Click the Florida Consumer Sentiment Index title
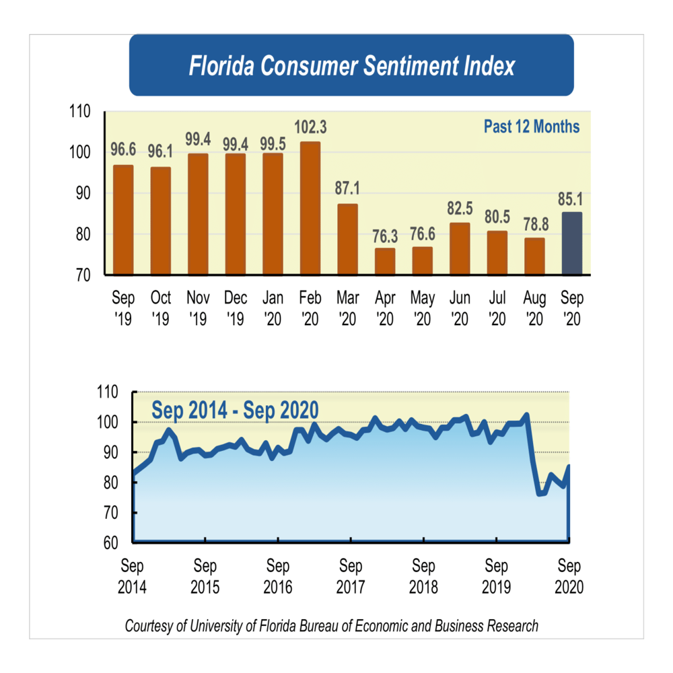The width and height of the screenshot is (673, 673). pyautogui.click(x=351, y=67)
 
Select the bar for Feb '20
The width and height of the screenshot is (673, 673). pyautogui.click(x=310, y=209)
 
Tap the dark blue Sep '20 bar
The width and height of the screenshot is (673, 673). pyautogui.click(x=571, y=244)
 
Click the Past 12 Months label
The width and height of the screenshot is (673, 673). pyautogui.click(x=531, y=127)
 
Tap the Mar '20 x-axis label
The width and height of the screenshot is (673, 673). pyautogui.click(x=347, y=307)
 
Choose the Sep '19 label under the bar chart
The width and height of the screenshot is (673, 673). pyautogui.click(x=123, y=307)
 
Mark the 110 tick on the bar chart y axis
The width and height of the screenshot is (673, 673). pyautogui.click(x=81, y=112)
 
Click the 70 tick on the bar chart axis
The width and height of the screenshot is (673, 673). pyautogui.click(x=84, y=275)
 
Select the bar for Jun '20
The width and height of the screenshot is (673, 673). pyautogui.click(x=460, y=249)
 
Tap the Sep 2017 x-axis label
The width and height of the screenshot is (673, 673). pyautogui.click(x=351, y=575)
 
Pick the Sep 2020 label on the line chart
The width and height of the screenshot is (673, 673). pyautogui.click(x=569, y=575)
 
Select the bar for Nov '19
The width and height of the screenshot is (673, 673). pyautogui.click(x=198, y=214)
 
